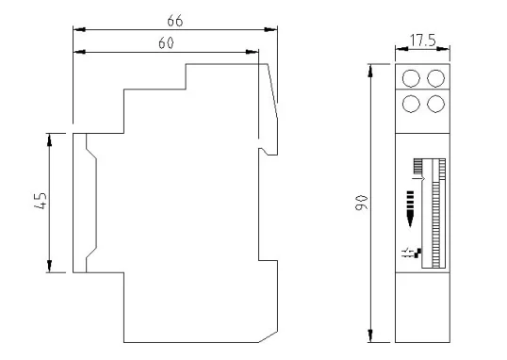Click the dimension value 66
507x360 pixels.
coord(175,21)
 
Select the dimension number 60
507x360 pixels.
coord(166,43)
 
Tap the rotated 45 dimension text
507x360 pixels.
coord(41,201)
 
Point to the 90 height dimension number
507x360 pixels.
coord(362,203)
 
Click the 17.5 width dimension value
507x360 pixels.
coord(423,41)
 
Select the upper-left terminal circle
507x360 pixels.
coord(411,78)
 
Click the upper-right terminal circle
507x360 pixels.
coord(436,78)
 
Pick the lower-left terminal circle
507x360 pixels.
coord(411,104)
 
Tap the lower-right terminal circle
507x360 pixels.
coord(436,104)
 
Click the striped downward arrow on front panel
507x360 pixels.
coord(410,209)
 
